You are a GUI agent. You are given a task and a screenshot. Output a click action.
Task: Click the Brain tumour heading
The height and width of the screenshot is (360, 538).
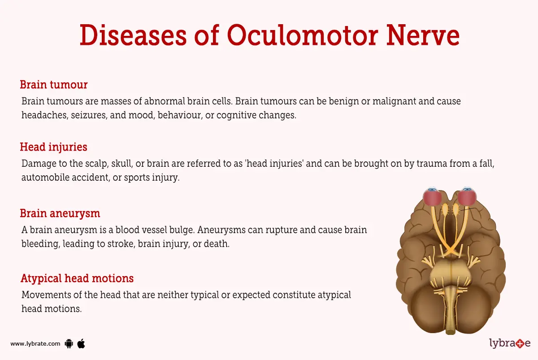54,84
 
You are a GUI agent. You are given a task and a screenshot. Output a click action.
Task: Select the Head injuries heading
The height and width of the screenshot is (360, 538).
53,147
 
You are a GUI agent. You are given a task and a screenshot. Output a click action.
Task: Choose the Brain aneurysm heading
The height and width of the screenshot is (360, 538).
60,213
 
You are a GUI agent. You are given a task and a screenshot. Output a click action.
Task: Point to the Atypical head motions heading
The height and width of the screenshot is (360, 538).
77,278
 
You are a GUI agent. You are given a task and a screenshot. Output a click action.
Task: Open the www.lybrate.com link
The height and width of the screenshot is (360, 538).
35,344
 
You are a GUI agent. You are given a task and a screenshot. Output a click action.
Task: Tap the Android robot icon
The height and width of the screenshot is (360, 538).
69,344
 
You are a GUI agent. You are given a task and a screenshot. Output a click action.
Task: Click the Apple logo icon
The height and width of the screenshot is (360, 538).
81,343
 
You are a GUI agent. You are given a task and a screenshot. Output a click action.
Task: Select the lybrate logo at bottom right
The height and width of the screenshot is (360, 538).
510,343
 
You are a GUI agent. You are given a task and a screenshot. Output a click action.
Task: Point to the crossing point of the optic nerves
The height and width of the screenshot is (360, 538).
451,250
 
